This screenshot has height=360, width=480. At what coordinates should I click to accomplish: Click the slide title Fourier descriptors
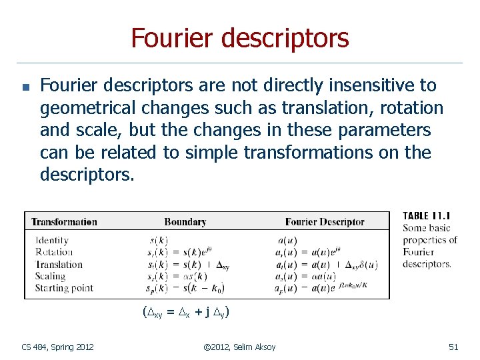click(x=240, y=38)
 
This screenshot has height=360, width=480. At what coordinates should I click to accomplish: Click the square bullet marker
click(x=25, y=87)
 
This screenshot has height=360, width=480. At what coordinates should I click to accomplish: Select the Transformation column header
click(x=64, y=222)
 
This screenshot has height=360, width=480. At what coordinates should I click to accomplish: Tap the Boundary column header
click(x=185, y=222)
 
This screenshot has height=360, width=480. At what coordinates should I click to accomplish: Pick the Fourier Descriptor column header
click(x=325, y=222)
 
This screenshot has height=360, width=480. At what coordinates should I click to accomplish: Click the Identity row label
click(x=52, y=240)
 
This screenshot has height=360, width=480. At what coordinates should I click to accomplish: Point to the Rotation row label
click(x=54, y=252)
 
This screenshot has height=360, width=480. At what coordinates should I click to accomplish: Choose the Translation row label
click(x=59, y=264)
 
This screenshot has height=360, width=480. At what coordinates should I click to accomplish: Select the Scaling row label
click(x=51, y=276)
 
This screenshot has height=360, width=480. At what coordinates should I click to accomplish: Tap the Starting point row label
click(x=64, y=288)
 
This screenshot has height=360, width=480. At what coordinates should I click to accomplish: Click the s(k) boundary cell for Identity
click(x=158, y=240)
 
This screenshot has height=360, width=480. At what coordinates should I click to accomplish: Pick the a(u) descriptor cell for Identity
click(x=287, y=240)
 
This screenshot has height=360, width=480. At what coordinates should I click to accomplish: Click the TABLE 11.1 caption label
click(x=427, y=216)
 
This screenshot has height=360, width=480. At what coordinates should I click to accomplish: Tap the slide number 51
click(x=453, y=347)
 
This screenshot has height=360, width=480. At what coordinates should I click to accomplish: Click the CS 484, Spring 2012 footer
click(x=57, y=347)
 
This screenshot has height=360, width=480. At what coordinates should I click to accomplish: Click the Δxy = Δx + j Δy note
click(x=186, y=311)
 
